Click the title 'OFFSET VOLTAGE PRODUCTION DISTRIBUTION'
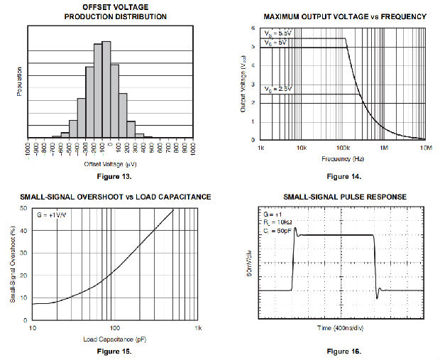[x=110, y=11]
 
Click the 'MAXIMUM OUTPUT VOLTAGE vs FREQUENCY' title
[x=344, y=16]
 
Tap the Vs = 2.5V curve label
[x=277, y=89]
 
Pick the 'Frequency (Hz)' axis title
[x=342, y=158]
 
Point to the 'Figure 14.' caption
[x=343, y=176]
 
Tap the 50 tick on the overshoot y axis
[x=23, y=209]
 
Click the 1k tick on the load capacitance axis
[x=199, y=328]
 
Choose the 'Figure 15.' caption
[x=114, y=351]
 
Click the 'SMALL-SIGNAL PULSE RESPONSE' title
[x=344, y=197]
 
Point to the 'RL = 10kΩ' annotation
[x=277, y=222]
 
